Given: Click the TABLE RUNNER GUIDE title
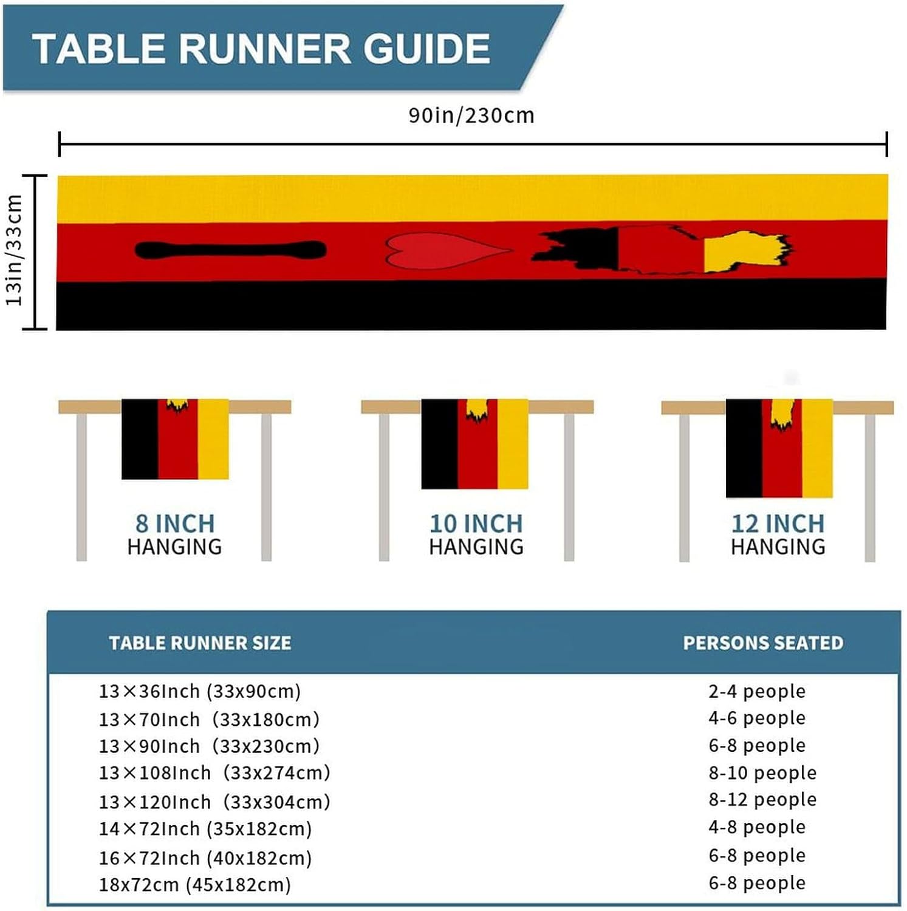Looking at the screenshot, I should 261,49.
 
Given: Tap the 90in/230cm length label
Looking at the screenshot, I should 471,115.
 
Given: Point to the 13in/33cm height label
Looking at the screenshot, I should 15,250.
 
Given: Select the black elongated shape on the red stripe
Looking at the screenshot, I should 230,250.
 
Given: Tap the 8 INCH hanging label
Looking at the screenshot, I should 175,524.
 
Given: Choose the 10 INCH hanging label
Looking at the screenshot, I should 476,524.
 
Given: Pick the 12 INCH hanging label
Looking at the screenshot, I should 778,524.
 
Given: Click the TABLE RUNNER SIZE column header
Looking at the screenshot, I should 200,643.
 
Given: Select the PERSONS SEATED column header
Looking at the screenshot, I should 763,643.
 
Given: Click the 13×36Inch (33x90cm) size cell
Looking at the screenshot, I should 200,691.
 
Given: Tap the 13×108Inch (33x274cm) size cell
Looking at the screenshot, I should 214,773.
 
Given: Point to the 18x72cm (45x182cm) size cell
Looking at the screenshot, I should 195,884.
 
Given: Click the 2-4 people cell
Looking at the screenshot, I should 757,691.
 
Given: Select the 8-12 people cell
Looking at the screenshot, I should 762,799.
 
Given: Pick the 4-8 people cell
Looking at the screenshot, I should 757,827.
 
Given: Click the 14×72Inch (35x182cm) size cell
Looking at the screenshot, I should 205,828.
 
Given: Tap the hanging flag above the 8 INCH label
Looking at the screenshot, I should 175,438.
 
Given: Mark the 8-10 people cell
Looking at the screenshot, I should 762,773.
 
